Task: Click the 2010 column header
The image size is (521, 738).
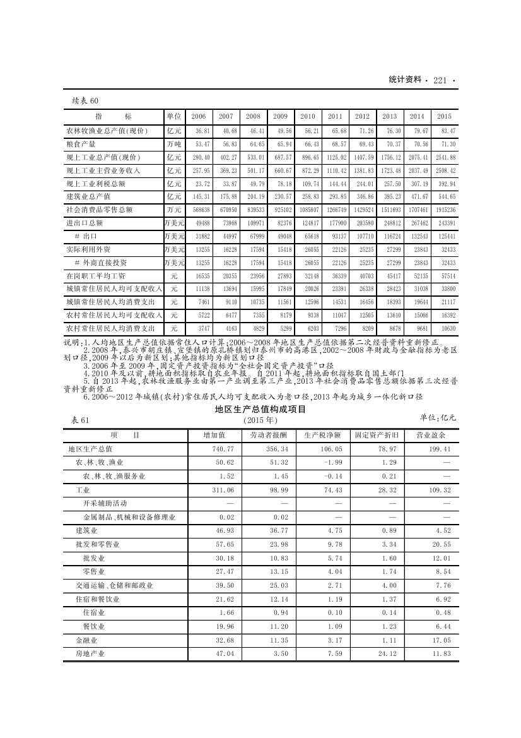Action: click(307, 117)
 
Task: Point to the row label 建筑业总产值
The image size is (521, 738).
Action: click(88, 197)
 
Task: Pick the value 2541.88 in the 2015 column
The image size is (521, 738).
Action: click(445, 157)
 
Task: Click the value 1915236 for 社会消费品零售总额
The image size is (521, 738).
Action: click(445, 210)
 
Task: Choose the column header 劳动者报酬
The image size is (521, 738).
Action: click(267, 436)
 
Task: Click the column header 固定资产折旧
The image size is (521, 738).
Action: click(375, 436)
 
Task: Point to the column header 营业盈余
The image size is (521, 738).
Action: click(430, 436)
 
